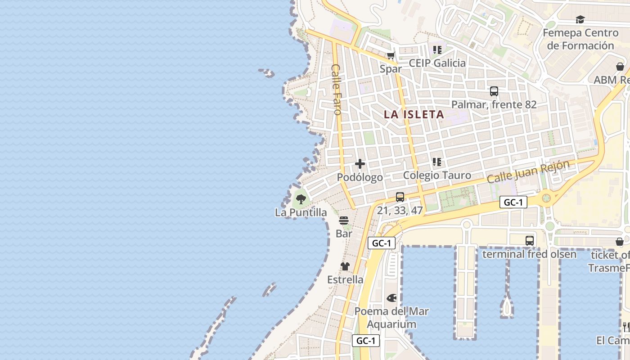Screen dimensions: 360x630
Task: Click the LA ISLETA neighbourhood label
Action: [x=414, y=114]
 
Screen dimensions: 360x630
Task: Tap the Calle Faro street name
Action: [x=337, y=89]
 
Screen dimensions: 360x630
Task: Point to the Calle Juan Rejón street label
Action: [x=528, y=171]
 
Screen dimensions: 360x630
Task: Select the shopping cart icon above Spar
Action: [x=391, y=56]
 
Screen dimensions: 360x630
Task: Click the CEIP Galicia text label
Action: [x=437, y=63]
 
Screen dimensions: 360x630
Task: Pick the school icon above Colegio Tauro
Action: [x=436, y=162]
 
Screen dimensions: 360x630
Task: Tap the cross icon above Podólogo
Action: [x=360, y=164]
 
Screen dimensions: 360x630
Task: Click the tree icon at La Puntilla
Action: [x=301, y=198]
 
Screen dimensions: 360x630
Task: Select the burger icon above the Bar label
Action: [x=344, y=220]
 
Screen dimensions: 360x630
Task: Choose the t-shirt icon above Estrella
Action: [x=345, y=266]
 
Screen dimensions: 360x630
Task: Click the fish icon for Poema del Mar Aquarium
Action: [x=391, y=298]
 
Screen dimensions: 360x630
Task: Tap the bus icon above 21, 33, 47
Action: [x=400, y=197]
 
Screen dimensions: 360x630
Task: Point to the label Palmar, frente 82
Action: [x=494, y=105]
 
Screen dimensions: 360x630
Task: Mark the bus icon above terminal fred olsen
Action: [x=529, y=241]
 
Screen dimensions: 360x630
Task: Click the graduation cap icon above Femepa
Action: [x=580, y=20]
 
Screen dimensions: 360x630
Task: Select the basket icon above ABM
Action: [x=620, y=67]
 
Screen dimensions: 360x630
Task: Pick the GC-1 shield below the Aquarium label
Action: [x=366, y=341]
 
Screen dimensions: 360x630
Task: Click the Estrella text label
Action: [x=345, y=280]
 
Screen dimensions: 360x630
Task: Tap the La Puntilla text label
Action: [x=301, y=212]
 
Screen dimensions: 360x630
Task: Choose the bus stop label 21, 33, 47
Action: [x=400, y=210]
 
